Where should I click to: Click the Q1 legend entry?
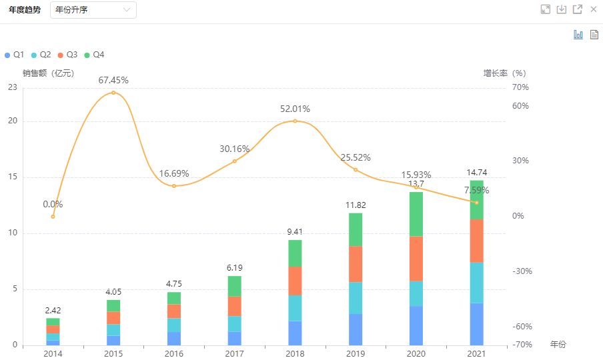pos(15,54)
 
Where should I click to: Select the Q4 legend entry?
pos(94,54)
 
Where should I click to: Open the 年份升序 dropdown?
pos(93,10)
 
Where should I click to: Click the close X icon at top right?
pos(593,9)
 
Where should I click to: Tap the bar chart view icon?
pos(578,35)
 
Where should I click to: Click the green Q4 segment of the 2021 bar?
pos(476,199)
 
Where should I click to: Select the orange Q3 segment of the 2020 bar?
pos(416,259)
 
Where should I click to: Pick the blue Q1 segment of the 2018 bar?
pos(295,333)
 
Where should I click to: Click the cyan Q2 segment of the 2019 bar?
pos(356,298)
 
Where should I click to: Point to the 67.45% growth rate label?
pos(113,80)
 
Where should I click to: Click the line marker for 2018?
pos(295,121)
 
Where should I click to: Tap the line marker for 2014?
pos(53,217)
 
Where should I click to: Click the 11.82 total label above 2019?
pos(356,205)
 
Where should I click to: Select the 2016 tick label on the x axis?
pos(174,353)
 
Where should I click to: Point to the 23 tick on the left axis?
pos(13,87)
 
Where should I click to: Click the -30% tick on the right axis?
pos(520,271)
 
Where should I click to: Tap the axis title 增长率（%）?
pos(505,73)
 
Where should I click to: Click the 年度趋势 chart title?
pos(25,10)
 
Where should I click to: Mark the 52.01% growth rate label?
pos(295,109)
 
